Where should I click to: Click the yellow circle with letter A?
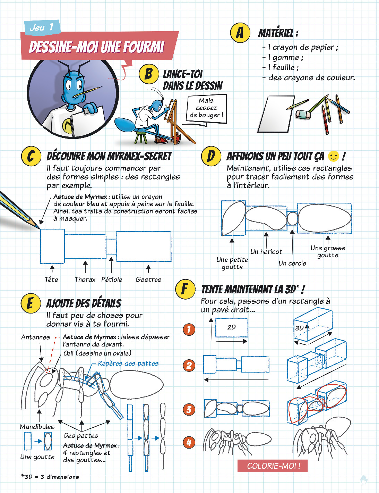point(240,33)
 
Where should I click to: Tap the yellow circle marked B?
point(149,74)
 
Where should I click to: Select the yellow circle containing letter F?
point(185,289)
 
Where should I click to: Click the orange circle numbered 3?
point(189,410)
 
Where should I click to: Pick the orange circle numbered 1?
point(189,329)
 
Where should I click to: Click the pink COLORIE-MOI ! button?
point(273,466)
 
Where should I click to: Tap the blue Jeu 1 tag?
point(42,27)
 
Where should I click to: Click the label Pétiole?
point(112,279)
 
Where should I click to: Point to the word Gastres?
point(148,279)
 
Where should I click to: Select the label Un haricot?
point(266,251)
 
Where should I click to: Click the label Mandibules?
point(37,427)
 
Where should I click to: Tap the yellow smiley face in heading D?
point(334,156)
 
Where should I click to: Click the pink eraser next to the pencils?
point(303,115)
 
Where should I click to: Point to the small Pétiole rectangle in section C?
point(111,247)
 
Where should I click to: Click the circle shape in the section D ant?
point(292,218)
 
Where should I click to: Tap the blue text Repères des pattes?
point(128,364)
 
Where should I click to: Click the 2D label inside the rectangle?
point(232,327)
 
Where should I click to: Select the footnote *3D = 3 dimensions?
point(50,477)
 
